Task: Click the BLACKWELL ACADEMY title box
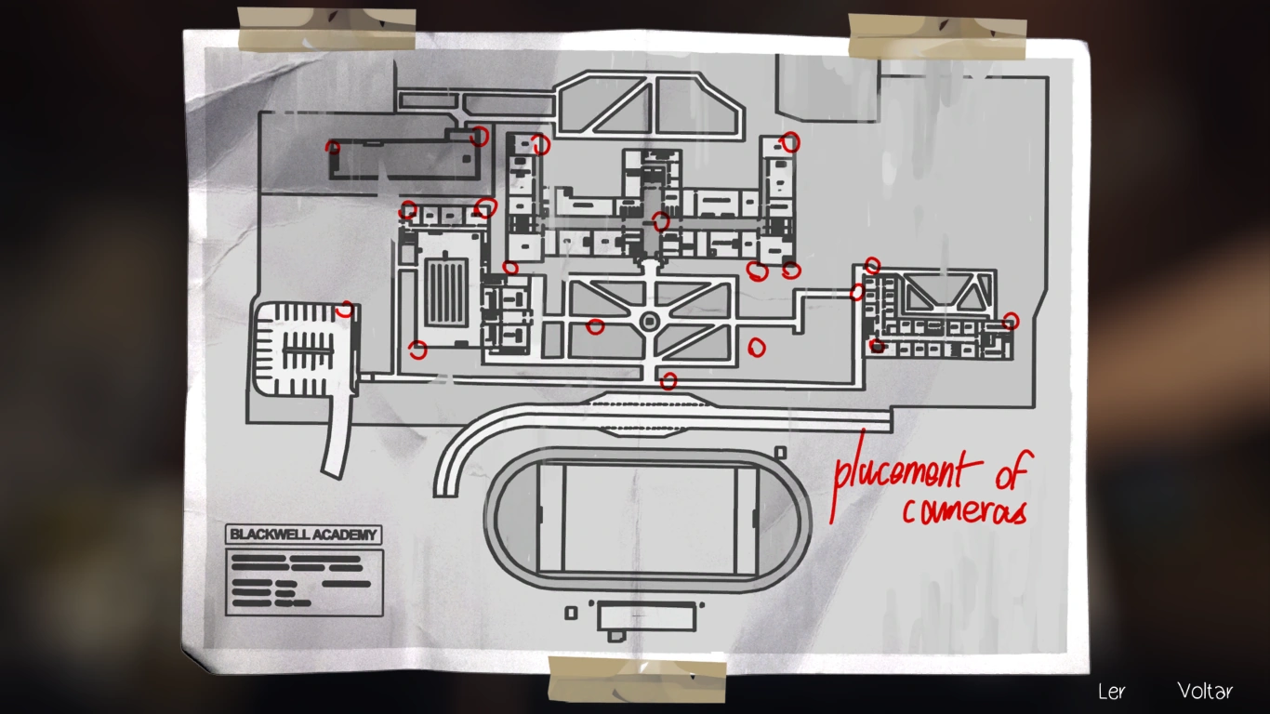[x=303, y=535]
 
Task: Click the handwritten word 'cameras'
[x=964, y=510]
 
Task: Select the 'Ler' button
[x=1111, y=691]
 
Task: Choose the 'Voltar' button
[x=1205, y=691]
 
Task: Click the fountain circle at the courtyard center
[x=649, y=321]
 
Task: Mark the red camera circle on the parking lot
[x=345, y=309]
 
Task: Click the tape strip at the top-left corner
[x=325, y=29]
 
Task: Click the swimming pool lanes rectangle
[x=444, y=292]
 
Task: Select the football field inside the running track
[x=648, y=519]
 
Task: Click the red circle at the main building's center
[x=660, y=221]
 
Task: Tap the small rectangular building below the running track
[x=645, y=616]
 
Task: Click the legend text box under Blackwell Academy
[x=303, y=582]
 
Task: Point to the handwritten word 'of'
[x=1011, y=473]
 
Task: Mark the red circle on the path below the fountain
[x=668, y=380]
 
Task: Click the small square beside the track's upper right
[x=780, y=453]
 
